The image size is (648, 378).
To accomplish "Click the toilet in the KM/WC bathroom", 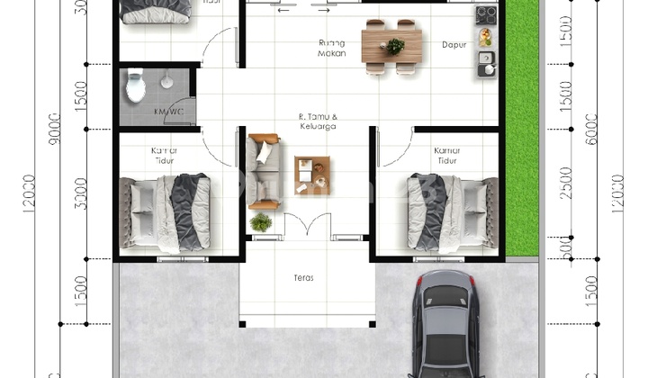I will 136,86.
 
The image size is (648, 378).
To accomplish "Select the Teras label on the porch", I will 304,278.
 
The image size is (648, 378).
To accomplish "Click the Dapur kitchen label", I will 453,42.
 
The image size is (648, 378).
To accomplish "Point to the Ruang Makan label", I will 332,47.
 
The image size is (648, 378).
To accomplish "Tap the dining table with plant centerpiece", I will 391,46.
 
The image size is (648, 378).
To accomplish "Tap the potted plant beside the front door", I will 261,221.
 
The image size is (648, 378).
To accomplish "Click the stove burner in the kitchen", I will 485,14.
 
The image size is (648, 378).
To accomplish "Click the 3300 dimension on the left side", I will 81,193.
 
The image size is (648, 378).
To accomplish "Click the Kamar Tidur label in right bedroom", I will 447,155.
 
